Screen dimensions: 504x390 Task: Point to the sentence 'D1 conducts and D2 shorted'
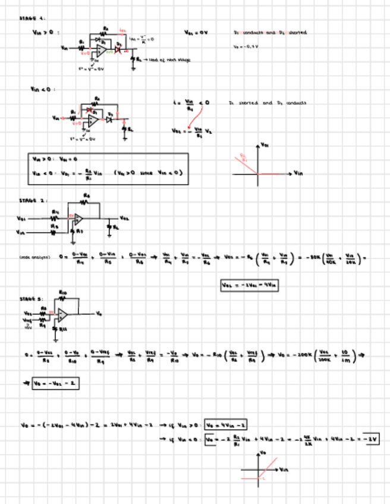[x=271, y=32]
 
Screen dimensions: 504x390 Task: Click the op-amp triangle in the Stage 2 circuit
[x=78, y=219]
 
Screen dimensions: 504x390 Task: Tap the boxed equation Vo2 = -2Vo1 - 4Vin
[x=250, y=285]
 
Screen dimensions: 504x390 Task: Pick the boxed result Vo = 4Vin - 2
[x=226, y=424]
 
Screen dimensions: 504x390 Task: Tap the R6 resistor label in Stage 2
[x=87, y=195]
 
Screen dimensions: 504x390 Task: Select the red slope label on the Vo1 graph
[x=244, y=157]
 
